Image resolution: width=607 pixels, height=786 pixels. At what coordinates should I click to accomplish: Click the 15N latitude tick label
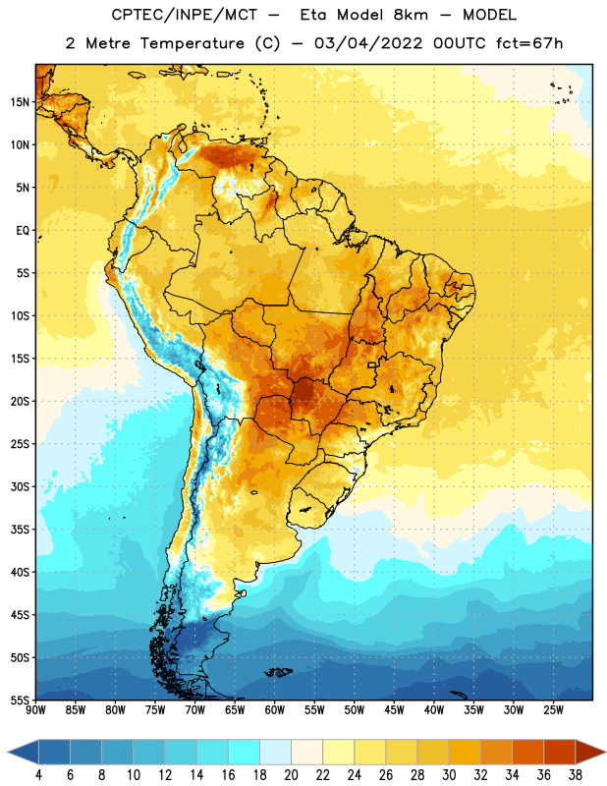pos(20,102)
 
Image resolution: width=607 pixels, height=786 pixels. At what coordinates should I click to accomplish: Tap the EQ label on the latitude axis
pos(23,231)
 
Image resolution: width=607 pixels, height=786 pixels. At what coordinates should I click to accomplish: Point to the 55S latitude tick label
pos(20,700)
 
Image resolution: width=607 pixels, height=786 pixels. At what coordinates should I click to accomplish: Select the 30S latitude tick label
pos(20,486)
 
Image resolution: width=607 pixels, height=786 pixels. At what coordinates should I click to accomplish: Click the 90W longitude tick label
pos(35,709)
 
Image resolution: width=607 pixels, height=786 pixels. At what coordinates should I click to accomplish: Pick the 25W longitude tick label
pos(554,709)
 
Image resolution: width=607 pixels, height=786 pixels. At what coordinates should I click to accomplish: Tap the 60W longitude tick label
pos(275,709)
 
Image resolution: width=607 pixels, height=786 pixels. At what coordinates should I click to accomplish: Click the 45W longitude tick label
pos(395,709)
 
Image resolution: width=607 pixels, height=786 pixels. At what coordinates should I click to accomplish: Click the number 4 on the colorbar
pos(38,775)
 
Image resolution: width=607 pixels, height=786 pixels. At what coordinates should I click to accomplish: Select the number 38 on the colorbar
pos(576,775)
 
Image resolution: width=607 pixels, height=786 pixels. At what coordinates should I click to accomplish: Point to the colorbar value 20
pos(291,775)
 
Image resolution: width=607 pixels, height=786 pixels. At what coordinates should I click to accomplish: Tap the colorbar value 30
pos(449,775)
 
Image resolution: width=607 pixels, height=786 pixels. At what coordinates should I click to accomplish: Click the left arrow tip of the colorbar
pos(8,752)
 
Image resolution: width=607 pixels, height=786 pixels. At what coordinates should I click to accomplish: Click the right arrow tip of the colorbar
pos(606,752)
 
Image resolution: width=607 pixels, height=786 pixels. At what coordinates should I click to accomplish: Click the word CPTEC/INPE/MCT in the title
pos(184,15)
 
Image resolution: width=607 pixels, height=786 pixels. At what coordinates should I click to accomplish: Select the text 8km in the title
pos(411,15)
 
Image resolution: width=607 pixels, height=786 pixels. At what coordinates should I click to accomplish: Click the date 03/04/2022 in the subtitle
pos(368,43)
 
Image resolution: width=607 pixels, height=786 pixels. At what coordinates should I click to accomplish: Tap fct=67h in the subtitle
pos(529,43)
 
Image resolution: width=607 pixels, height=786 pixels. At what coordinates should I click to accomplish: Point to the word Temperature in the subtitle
pos(193,43)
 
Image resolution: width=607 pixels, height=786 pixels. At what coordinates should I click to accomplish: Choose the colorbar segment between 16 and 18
pos(245,752)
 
